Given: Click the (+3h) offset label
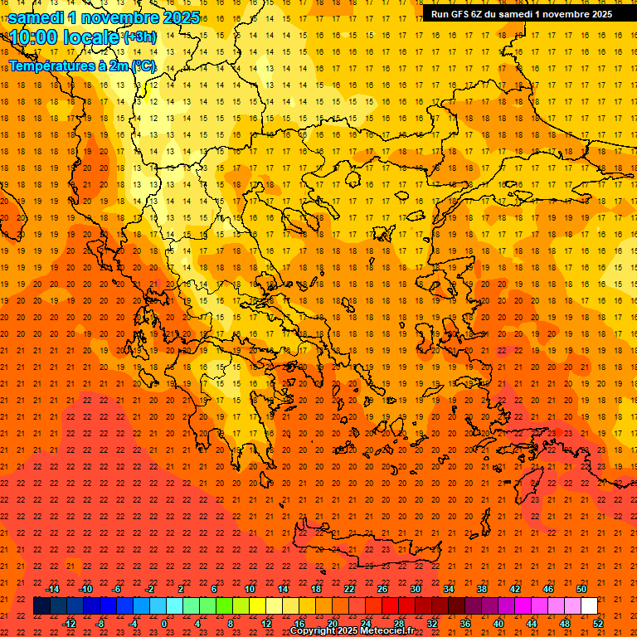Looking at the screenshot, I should pyautogui.click(x=139, y=37).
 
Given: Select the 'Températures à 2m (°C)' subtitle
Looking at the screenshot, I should pyautogui.click(x=82, y=65).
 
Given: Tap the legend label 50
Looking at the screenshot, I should pyautogui.click(x=581, y=589).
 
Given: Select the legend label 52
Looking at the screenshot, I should pyautogui.click(x=598, y=624).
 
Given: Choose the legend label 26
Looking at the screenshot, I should pyautogui.click(x=382, y=589).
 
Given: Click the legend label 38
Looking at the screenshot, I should pyautogui.click(x=481, y=589).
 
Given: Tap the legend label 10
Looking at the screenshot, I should pyautogui.click(x=249, y=589).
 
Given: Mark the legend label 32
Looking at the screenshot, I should pyautogui.click(x=431, y=624).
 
